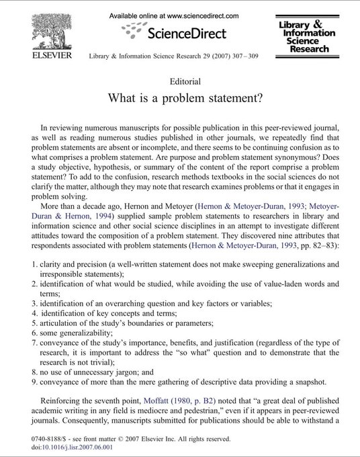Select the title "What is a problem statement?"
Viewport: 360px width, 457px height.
click(x=180, y=97)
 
